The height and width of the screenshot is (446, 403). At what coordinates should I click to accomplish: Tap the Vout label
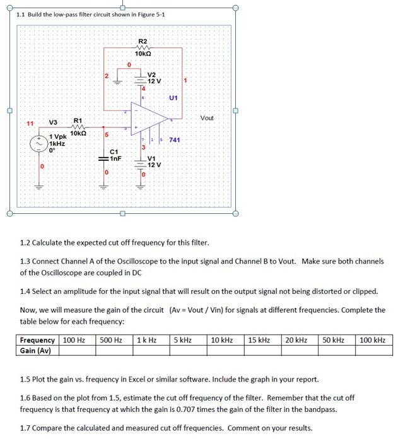207,118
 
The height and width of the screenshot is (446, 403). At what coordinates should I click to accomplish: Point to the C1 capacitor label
114,151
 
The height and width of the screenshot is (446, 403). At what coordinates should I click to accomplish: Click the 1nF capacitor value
114,158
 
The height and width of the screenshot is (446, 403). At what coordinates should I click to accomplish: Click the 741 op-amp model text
175,139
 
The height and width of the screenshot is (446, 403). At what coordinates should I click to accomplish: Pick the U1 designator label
173,98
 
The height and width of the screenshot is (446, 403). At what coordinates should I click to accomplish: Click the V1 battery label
153,158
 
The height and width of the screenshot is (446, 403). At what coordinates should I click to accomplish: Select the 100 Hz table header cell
75,340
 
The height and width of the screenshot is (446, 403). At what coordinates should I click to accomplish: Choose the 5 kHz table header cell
183,340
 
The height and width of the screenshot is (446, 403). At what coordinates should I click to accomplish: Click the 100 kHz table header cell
373,340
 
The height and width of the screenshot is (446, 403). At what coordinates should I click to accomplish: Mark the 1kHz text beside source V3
59,144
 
